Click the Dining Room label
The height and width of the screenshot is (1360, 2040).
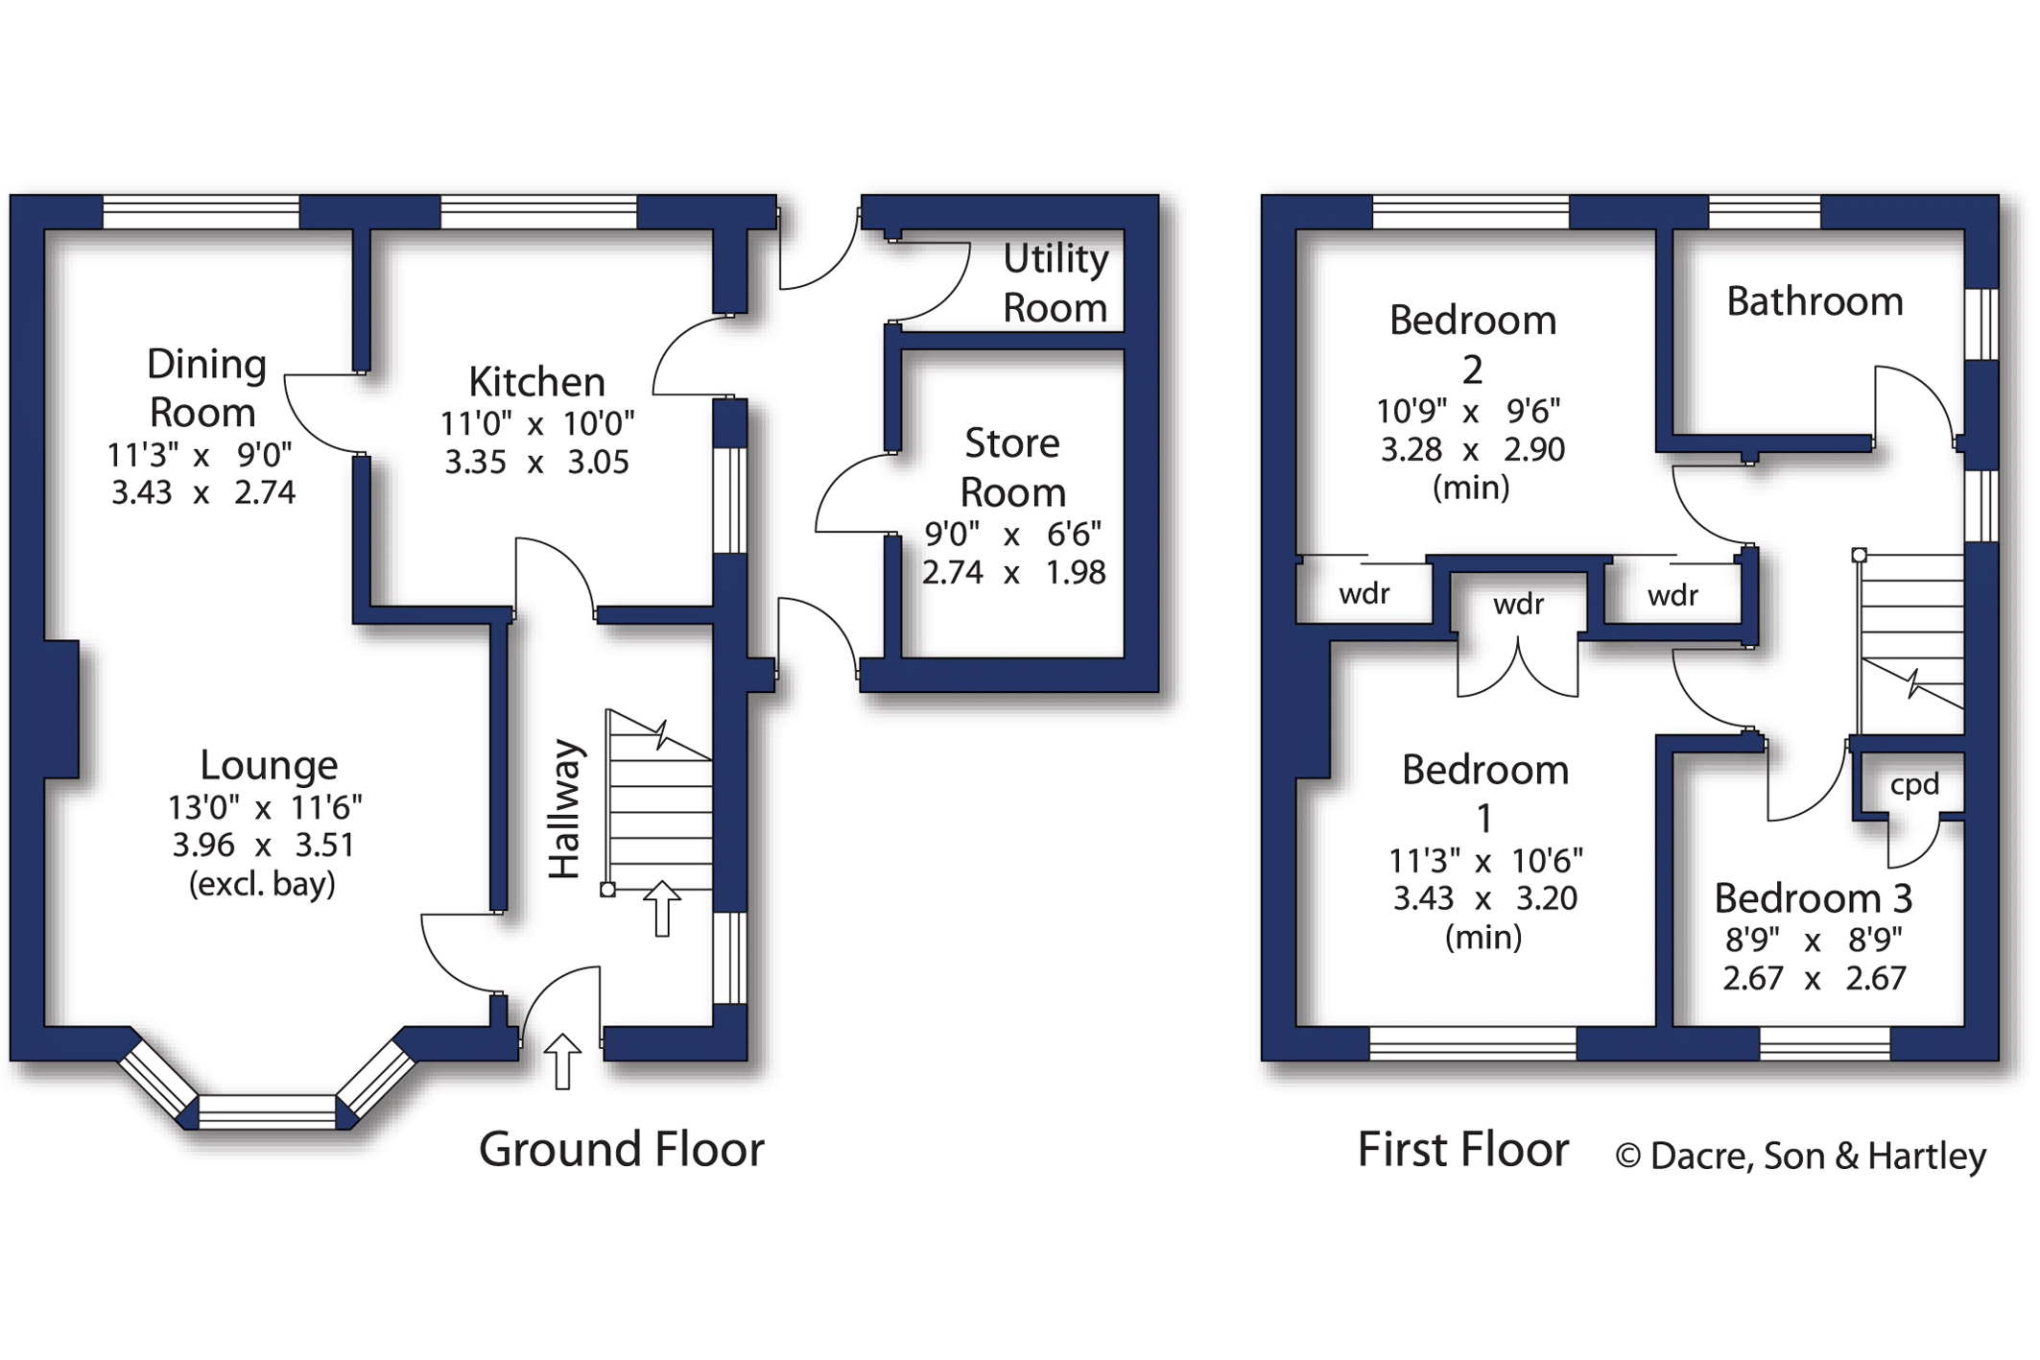(x=205, y=389)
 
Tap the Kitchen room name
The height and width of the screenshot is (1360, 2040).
(x=536, y=382)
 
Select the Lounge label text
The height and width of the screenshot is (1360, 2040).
(x=269, y=765)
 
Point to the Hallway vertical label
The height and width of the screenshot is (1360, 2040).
(x=564, y=809)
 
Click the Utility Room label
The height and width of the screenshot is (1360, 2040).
(x=1056, y=283)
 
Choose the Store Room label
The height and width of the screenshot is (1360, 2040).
(x=1012, y=467)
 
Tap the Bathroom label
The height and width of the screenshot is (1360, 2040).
(x=1815, y=301)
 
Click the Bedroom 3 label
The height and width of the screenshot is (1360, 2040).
(x=1814, y=898)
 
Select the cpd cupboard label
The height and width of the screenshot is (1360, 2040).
(x=1914, y=786)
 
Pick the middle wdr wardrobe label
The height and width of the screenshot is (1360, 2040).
(x=1518, y=604)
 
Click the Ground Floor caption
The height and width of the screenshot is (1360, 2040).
(x=622, y=1149)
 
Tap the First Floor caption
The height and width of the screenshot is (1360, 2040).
(x=1463, y=1149)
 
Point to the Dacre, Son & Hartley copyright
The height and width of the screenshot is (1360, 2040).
(x=1800, y=1156)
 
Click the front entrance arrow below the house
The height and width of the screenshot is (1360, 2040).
(x=562, y=1062)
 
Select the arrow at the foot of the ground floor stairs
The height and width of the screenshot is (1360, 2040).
(x=661, y=908)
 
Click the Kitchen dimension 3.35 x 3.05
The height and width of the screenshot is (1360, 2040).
(x=536, y=463)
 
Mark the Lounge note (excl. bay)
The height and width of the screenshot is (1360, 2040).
(x=262, y=884)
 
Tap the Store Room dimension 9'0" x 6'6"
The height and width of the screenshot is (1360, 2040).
(x=1012, y=534)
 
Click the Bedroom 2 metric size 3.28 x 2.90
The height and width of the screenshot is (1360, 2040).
(x=1472, y=449)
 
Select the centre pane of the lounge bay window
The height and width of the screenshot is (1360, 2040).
(x=267, y=1111)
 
